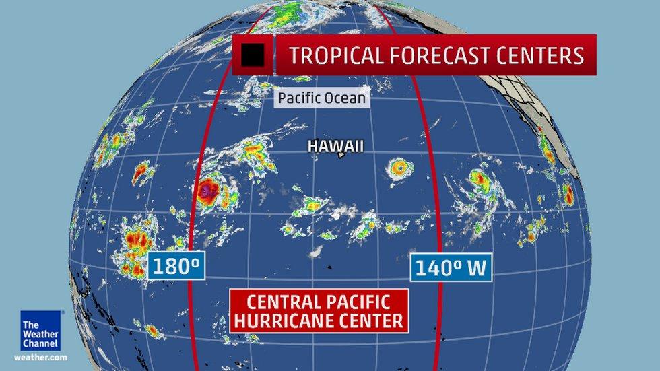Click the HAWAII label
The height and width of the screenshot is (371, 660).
click(x=336, y=145)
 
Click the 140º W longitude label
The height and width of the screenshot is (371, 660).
click(x=451, y=268)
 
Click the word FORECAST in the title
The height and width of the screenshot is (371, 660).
click(x=439, y=55)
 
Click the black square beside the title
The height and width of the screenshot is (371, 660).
click(x=253, y=55)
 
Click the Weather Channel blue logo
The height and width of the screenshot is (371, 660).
click(x=40, y=330)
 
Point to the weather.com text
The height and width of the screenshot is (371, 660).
click(x=40, y=357)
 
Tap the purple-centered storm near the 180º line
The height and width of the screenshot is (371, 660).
click(x=207, y=193)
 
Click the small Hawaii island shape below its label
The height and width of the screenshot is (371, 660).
click(x=341, y=156)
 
